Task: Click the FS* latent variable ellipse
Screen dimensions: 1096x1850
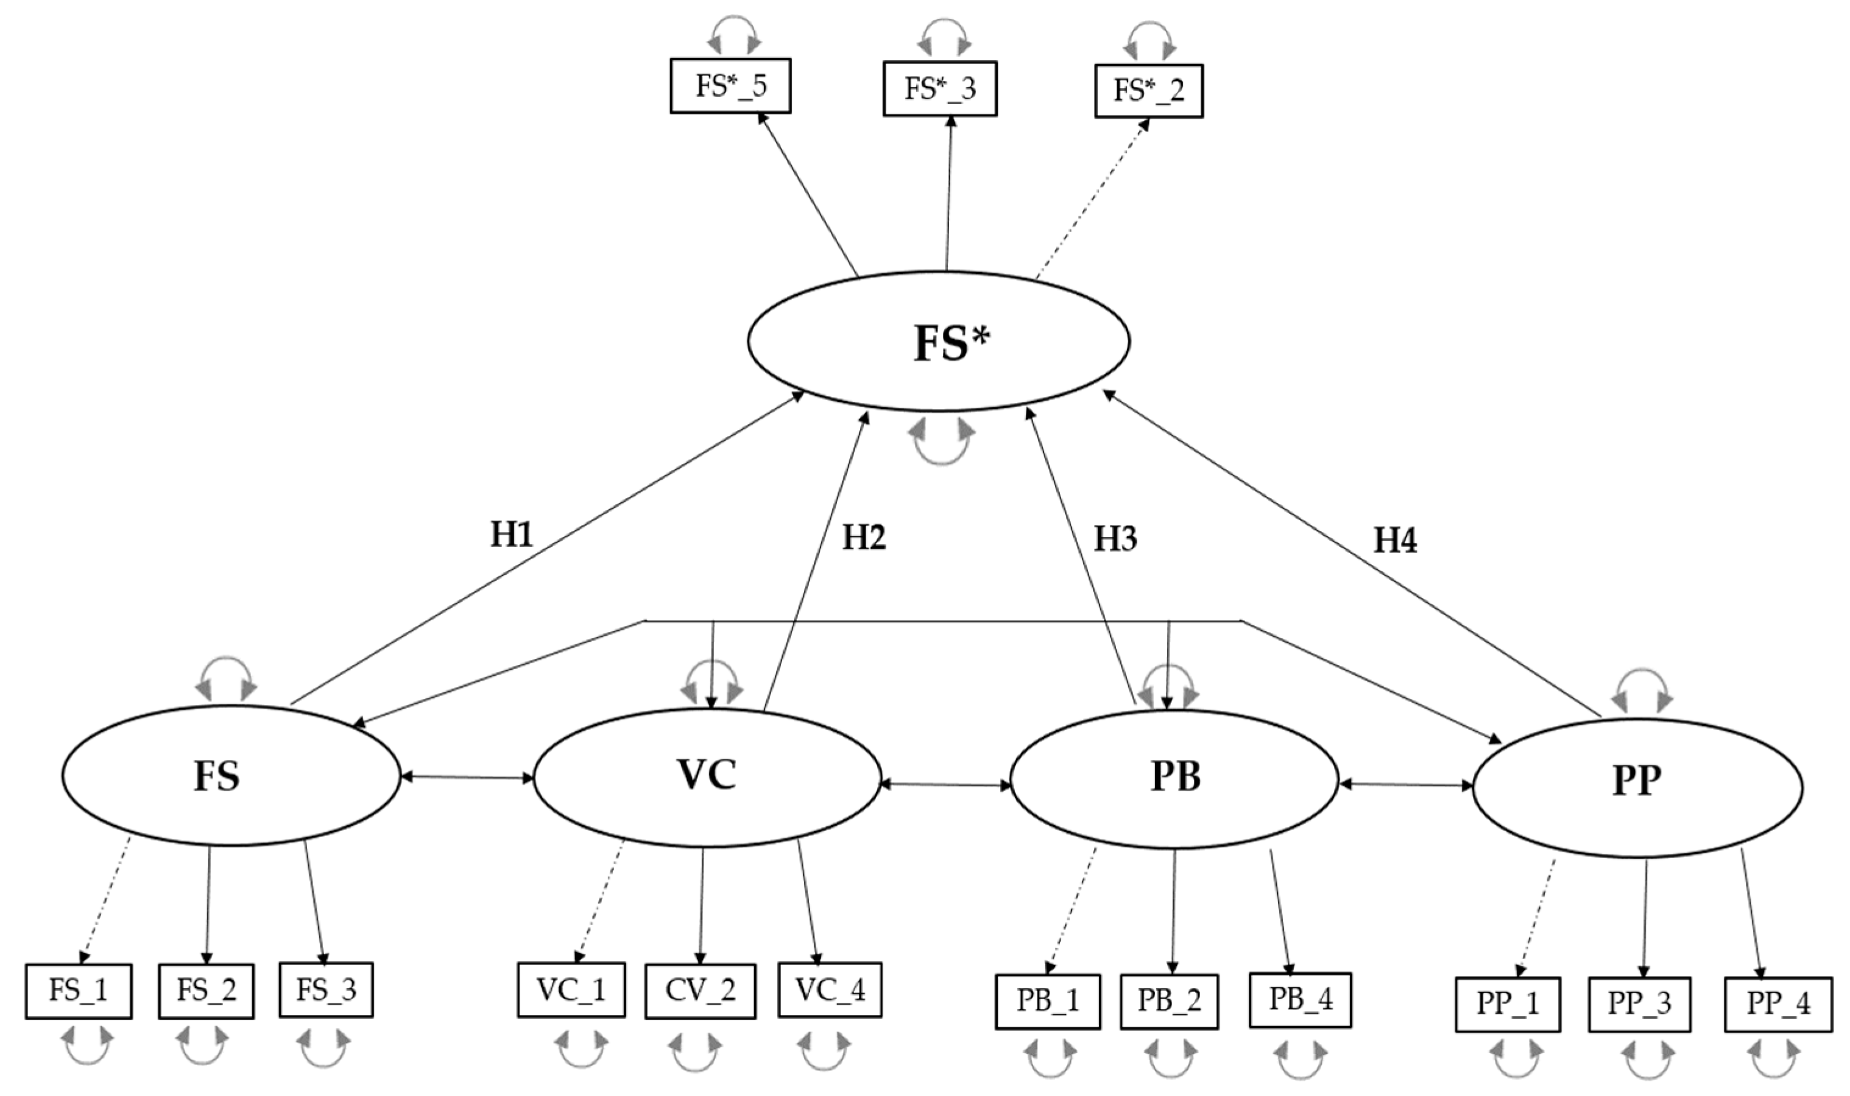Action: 938,341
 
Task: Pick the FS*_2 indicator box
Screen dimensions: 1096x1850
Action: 1148,91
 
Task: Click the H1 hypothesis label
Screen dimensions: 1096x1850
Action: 511,534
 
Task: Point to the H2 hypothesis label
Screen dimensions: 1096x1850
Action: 864,538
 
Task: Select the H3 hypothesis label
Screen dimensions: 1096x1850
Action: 1115,539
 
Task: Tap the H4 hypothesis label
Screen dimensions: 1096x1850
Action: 1395,541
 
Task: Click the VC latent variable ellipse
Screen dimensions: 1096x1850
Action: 706,776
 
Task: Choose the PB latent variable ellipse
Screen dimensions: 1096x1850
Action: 1174,778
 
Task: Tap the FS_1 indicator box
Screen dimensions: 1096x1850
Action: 79,991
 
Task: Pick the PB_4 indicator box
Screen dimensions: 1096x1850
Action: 1301,999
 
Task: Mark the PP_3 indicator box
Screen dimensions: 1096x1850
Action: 1639,1003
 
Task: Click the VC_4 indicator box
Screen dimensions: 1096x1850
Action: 830,989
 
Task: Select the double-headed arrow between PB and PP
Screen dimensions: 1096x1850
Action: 1405,784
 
